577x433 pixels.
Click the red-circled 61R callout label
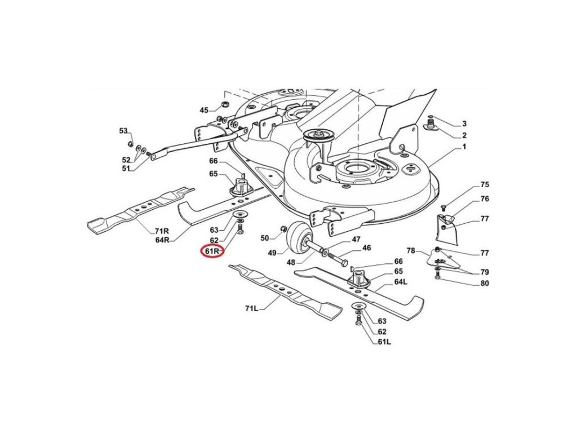(x=214, y=251)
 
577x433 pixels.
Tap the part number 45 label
(x=204, y=110)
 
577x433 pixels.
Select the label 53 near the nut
(x=123, y=131)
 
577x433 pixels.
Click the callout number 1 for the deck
(x=464, y=147)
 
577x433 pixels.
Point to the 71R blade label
(x=161, y=231)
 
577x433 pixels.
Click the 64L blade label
(x=401, y=282)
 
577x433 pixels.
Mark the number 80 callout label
(x=484, y=284)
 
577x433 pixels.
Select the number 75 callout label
(x=484, y=185)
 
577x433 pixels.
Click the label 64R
(x=163, y=240)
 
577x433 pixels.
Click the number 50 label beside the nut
(x=264, y=238)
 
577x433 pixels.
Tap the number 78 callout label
(x=411, y=250)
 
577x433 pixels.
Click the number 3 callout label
(x=464, y=123)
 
